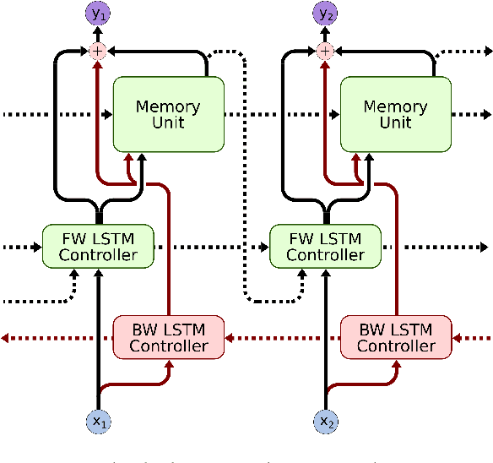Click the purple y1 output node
pyautogui.click(x=98, y=14)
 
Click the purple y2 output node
pyautogui.click(x=325, y=14)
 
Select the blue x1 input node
pyautogui.click(x=98, y=420)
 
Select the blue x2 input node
pyautogui.click(x=325, y=420)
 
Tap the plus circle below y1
pyautogui.click(x=98, y=52)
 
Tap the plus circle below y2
pyautogui.click(x=325, y=52)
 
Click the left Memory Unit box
pyautogui.click(x=168, y=114)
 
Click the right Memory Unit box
pyautogui.click(x=395, y=114)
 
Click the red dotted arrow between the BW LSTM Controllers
pyautogui.click(x=283, y=338)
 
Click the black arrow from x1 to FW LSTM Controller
pyautogui.click(x=98, y=338)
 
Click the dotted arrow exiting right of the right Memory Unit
pyautogui.click(x=469, y=114)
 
